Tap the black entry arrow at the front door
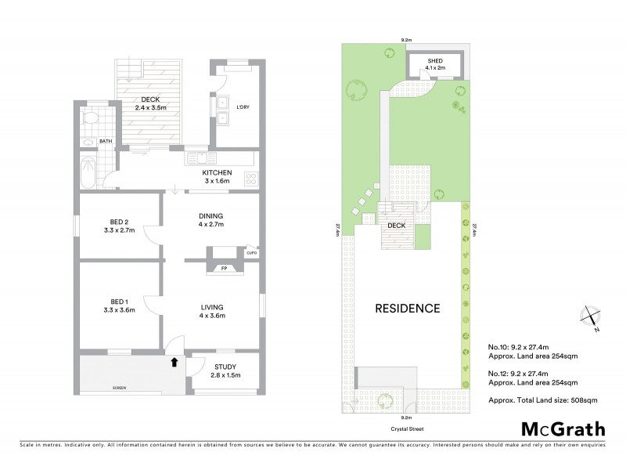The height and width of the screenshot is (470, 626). click(174, 361)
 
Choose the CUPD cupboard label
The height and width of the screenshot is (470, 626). click(251, 253)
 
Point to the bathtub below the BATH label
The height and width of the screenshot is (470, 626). click(88, 172)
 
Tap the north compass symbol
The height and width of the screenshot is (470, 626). click(589, 318)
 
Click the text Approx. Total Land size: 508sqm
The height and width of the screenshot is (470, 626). click(532, 399)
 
